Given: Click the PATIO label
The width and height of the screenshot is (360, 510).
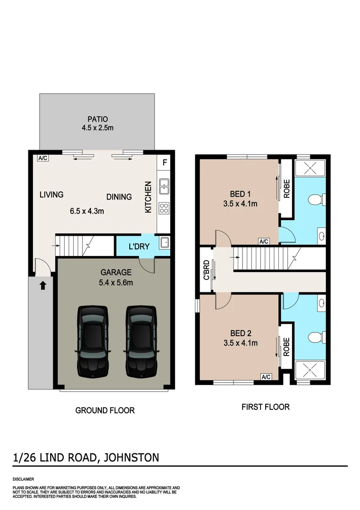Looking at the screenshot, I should point(97,119).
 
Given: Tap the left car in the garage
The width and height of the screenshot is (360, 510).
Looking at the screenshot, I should point(92,341).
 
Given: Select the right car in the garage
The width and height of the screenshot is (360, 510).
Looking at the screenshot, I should point(141,341).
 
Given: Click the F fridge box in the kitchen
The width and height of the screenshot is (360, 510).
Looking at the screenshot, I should point(164,163).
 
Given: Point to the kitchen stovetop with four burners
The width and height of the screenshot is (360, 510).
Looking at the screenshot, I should point(164,208).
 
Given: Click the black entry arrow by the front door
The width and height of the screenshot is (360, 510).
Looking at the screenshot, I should point(42,285).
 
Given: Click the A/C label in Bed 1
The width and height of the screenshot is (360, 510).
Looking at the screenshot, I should point(264,241).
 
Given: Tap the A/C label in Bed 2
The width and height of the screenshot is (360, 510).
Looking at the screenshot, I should point(266,376).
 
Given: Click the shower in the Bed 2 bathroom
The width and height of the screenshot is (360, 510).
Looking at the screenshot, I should point(309,370).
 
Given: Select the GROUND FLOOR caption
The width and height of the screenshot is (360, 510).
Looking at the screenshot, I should point(105,410).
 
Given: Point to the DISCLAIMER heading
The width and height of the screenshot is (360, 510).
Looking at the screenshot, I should point(24,479).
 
